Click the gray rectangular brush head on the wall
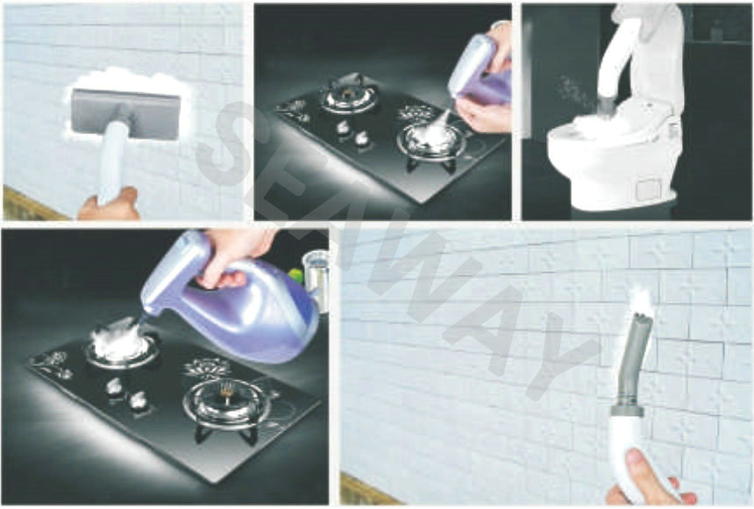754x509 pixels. point(126,114)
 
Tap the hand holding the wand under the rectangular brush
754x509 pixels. point(110,205)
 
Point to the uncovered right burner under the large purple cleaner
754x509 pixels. point(227,404)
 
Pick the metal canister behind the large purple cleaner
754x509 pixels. point(316,278)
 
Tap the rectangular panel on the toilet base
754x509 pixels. point(649,190)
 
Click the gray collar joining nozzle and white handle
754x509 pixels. point(627,408)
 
